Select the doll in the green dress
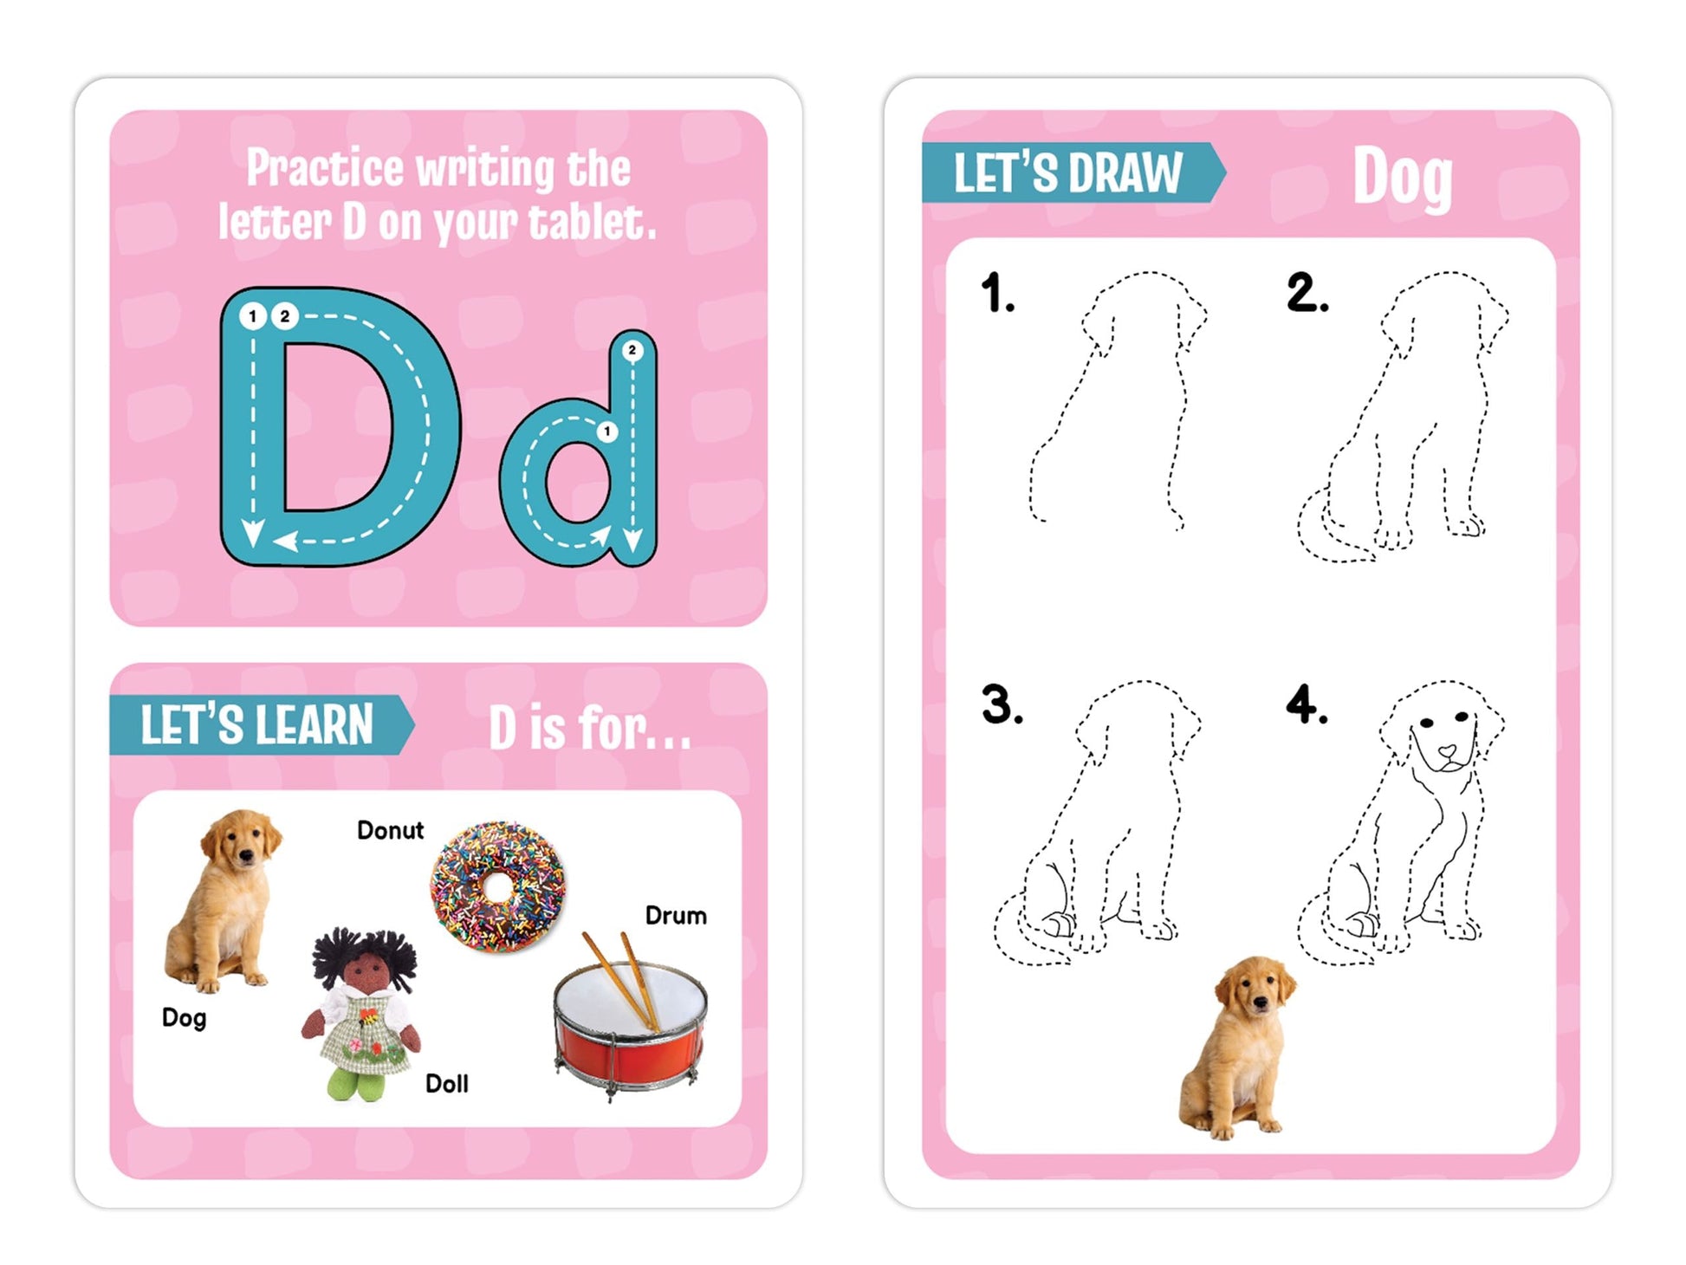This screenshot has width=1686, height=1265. pos(362,1014)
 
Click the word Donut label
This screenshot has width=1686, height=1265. pos(390,830)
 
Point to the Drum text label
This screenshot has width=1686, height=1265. pos(676,915)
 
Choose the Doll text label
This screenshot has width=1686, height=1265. pos(446,1083)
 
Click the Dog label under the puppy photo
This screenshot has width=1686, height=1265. pos(184,1018)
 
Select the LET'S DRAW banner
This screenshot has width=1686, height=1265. pos(1073,172)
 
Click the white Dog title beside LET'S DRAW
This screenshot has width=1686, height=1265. pos(1402,178)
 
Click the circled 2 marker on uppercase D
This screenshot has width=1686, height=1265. pos(284,316)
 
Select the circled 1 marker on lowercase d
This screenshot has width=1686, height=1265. pos(607,431)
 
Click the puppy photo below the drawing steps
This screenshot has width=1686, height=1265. pos(1237,1048)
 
